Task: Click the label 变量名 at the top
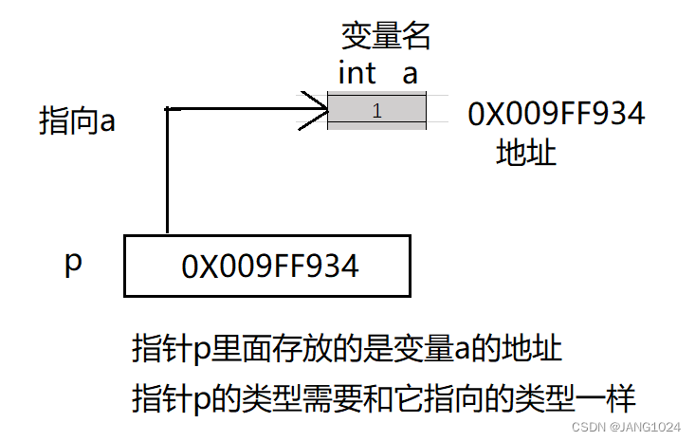point(386,36)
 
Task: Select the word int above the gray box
point(357,73)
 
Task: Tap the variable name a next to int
point(410,73)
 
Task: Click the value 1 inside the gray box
point(376,111)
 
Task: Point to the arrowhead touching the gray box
point(317,110)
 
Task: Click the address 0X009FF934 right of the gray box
point(556,114)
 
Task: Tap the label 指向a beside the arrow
point(77,121)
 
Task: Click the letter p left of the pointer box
point(73,263)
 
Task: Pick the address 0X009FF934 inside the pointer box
point(270,266)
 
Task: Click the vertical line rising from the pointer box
point(167,171)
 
